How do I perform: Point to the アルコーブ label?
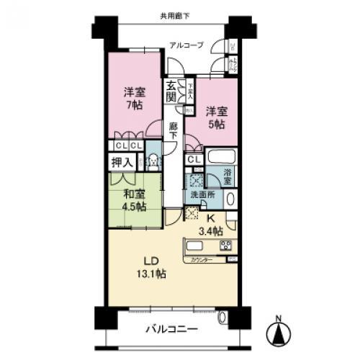point(186,45)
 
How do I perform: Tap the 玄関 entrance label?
point(171,91)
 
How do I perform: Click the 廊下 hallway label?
point(174,132)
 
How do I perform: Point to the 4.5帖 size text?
point(134,207)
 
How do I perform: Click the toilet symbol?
point(153,162)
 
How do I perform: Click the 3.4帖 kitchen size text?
point(210,231)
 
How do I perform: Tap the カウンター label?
point(202,260)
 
